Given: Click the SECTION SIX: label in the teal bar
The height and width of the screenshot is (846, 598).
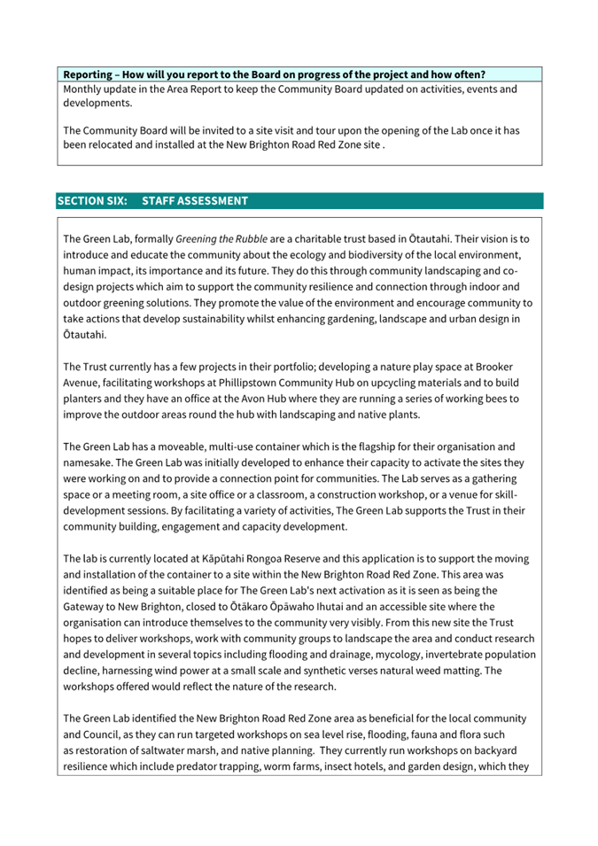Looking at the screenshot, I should (x=93, y=201).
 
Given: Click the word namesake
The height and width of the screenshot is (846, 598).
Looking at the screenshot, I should (x=90, y=463).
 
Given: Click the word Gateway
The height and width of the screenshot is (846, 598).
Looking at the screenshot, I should (x=87, y=607).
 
